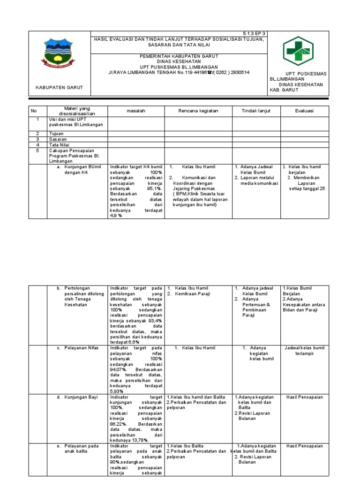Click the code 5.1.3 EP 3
click(x=254, y=34)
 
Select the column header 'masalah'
click(x=135, y=111)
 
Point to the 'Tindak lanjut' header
click(x=255, y=111)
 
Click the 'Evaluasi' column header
click(x=304, y=111)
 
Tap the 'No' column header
click(x=34, y=111)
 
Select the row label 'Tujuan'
click(x=56, y=134)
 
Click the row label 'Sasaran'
click(x=58, y=139)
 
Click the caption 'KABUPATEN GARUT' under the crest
click(x=59, y=87)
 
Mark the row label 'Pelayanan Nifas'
click(x=80, y=348)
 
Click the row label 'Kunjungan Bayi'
click(x=81, y=397)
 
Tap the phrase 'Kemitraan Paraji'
click(x=193, y=294)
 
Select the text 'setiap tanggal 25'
click(x=306, y=189)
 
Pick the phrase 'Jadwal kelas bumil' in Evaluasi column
click(x=304, y=348)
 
